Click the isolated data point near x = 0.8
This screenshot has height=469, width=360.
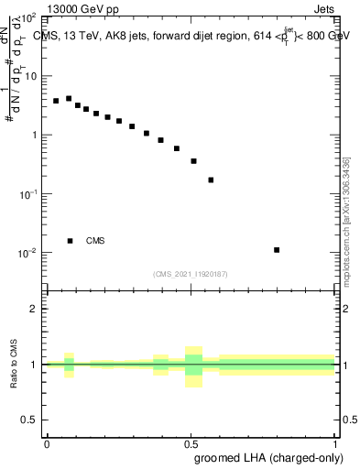pyautogui.click(x=277, y=249)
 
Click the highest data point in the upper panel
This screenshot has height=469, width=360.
pyautogui.click(x=69, y=98)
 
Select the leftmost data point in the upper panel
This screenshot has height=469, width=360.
pyautogui.click(x=56, y=101)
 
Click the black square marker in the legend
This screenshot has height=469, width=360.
pyautogui.click(x=70, y=241)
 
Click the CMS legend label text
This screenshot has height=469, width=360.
pyautogui.click(x=95, y=241)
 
